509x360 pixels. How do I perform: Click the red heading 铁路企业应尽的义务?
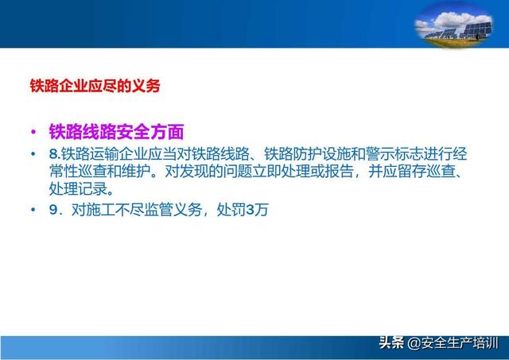(95, 86)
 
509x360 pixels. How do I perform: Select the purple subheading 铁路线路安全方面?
(117, 132)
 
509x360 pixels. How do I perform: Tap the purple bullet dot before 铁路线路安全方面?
(33, 132)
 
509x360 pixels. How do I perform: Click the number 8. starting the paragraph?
(55, 154)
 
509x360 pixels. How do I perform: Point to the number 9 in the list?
(53, 210)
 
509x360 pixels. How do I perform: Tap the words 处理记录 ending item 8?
(78, 189)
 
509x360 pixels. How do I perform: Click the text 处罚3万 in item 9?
(243, 210)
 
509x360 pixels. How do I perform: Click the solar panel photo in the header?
(453, 25)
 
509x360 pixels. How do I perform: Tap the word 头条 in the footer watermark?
(391, 343)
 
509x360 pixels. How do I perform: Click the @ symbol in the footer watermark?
(414, 343)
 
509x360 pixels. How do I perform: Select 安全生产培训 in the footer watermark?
(460, 343)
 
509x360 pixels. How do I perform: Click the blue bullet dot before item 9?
(33, 210)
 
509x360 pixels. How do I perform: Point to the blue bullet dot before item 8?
(33, 154)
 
